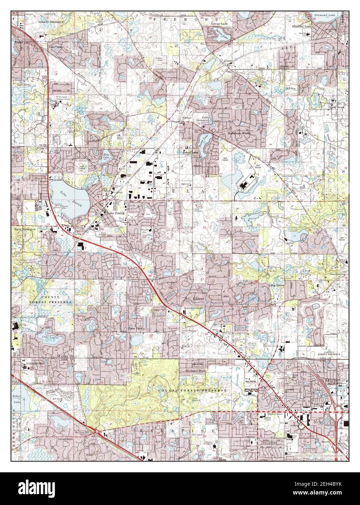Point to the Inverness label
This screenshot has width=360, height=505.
pyautogui.click(x=65, y=439)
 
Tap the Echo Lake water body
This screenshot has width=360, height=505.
pyautogui.click(x=106, y=157)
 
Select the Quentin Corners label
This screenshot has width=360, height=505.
pyautogui.click(x=193, y=308)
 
